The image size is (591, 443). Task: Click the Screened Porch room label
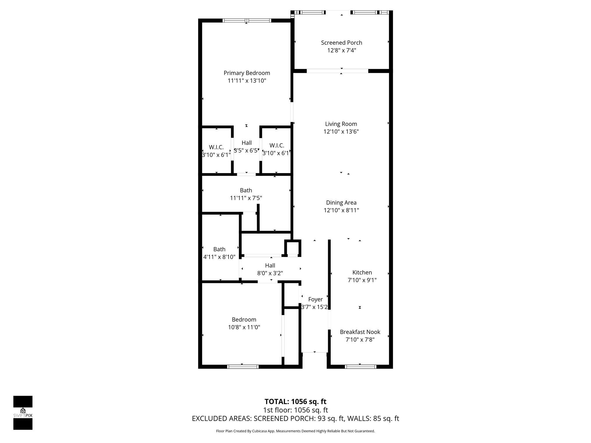point(341,43)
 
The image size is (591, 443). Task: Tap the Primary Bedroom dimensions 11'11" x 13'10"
point(247,81)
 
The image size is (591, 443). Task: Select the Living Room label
point(341,124)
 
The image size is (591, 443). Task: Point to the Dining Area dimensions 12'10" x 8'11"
point(341,210)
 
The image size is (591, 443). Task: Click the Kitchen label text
point(362,273)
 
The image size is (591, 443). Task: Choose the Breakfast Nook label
point(360,332)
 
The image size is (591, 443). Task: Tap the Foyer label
point(315,299)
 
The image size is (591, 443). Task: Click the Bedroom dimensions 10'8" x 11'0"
point(244,327)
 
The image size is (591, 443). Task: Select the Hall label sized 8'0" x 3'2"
point(270,266)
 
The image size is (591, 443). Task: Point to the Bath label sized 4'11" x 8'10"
point(219,249)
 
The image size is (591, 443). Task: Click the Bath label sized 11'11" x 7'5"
point(246,190)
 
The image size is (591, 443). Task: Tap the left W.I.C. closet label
point(216,147)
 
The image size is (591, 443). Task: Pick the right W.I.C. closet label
point(277,146)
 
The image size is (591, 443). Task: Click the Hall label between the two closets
point(246,143)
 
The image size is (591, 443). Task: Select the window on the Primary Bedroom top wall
point(247,20)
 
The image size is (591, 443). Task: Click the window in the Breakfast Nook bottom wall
point(360,367)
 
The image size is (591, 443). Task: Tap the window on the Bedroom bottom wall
point(242,367)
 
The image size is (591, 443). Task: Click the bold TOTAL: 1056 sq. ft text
point(295,401)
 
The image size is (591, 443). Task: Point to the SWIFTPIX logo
point(23,413)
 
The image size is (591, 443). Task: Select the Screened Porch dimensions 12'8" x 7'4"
point(341,50)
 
